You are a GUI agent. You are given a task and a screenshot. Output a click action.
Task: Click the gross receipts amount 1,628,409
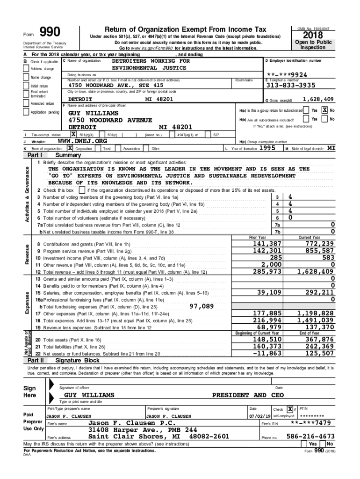coord(318,99)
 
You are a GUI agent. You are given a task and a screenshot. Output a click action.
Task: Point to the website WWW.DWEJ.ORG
coord(82,141)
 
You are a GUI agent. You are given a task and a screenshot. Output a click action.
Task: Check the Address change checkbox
coord(27,69)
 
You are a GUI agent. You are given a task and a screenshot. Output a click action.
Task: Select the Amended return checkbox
coord(27,103)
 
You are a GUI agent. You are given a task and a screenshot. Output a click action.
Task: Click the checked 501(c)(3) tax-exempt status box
coord(73,135)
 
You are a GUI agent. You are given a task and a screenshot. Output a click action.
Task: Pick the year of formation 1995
coord(267,148)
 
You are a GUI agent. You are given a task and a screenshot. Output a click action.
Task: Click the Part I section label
coord(35,155)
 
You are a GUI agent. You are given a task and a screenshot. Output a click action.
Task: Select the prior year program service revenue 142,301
coord(267,251)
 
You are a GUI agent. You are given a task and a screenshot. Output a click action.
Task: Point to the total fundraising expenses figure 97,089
coord(202,306)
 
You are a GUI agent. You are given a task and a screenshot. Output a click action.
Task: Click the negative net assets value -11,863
coord(267,353)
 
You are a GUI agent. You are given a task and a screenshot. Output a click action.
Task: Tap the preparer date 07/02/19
coord(259,416)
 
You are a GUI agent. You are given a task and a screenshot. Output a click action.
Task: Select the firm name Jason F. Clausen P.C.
coord(127,423)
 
